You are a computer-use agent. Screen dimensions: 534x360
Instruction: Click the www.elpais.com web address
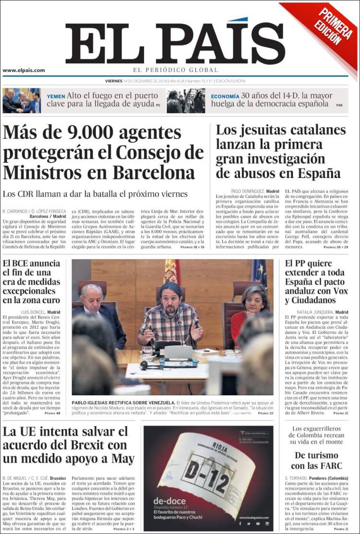[x=24, y=70]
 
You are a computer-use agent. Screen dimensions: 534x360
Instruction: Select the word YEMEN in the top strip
[x=56, y=96]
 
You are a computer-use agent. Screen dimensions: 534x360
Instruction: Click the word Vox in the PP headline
[x=342, y=291]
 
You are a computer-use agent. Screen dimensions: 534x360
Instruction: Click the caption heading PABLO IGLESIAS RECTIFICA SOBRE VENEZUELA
[x=123, y=402]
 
